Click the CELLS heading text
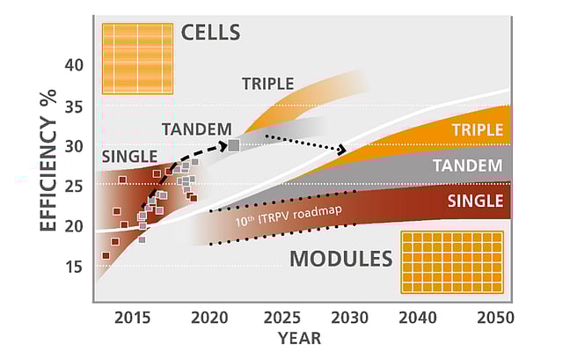click(x=210, y=33)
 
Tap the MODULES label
click(x=340, y=259)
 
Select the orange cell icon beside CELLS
click(x=136, y=58)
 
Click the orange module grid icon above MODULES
click(x=451, y=261)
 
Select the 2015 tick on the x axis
click(x=131, y=318)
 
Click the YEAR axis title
click(x=299, y=338)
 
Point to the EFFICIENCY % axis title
click(x=49, y=176)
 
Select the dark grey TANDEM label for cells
click(x=197, y=129)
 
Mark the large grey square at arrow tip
click(x=234, y=145)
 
